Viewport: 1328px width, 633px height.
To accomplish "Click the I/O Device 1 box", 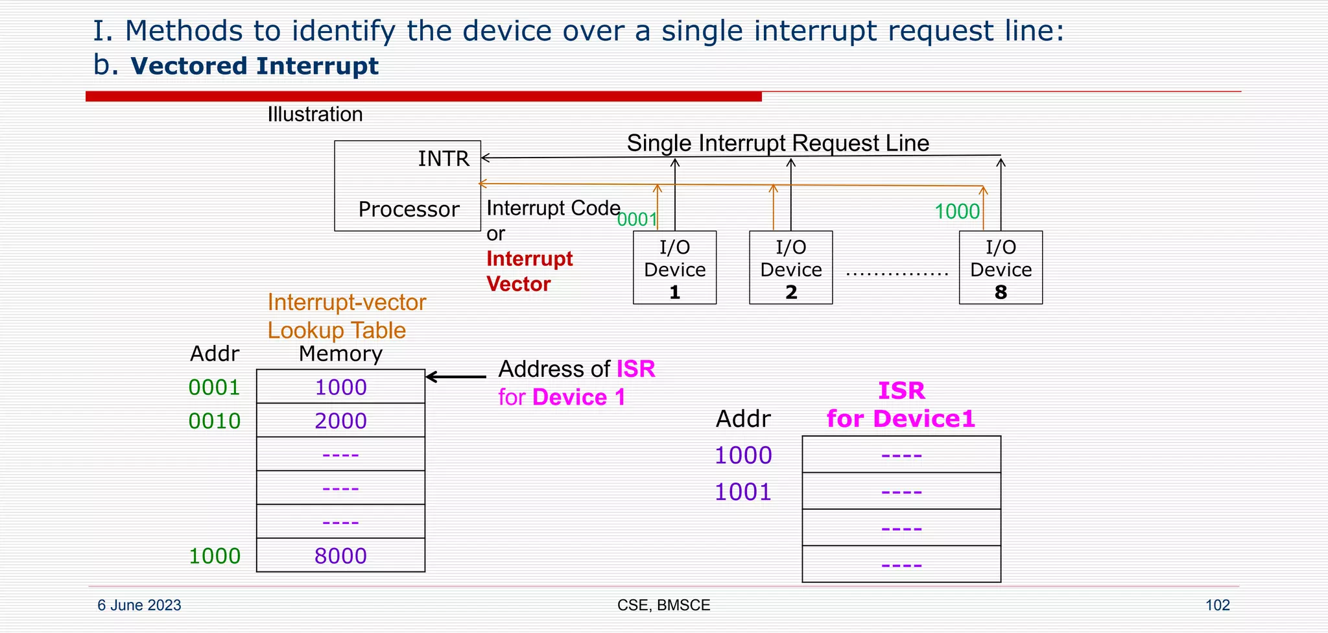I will coord(674,268).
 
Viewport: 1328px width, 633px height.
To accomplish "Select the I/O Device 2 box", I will coord(790,268).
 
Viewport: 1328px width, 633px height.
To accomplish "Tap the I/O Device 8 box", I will coord(1001,268).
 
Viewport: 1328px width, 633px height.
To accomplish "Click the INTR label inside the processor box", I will coord(444,159).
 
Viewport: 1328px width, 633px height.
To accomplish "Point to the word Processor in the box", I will coord(409,209).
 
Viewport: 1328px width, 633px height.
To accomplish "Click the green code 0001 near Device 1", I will coord(637,220).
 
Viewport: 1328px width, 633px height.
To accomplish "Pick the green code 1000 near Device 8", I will coord(956,211).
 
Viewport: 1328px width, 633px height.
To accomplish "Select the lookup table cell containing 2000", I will coord(340,421).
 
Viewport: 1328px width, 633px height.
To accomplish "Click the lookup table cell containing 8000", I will coord(340,556).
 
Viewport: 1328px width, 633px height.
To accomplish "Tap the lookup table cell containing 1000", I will coord(340,387).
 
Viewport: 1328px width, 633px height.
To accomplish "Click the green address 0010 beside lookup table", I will coord(214,421).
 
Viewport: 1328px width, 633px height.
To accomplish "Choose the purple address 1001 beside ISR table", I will coord(742,492).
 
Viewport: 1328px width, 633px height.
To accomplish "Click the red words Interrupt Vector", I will coord(528,271).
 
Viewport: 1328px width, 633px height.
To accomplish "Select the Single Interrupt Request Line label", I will coord(777,143).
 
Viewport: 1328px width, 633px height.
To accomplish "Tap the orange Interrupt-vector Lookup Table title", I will coord(346,316).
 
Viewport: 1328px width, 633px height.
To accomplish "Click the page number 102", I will coord(1217,605).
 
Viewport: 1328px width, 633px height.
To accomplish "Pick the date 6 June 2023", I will coord(139,605).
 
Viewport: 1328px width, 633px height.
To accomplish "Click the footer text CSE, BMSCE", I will coord(663,605).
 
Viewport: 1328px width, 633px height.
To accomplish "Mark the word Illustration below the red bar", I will coord(315,115).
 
